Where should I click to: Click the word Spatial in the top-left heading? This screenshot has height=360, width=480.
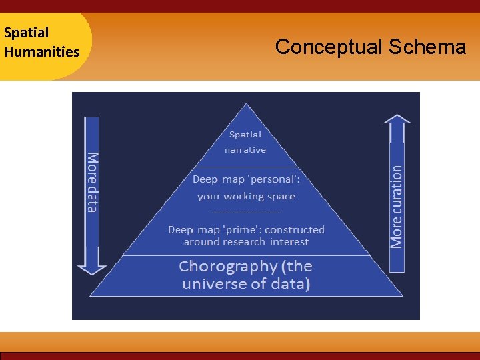coord(27,33)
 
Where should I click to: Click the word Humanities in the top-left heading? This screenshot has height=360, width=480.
coord(41,51)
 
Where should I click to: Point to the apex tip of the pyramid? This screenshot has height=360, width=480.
coord(247,104)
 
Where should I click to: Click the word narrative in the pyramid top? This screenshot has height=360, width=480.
coord(245,150)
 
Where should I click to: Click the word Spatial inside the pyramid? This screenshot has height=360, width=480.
coord(245,134)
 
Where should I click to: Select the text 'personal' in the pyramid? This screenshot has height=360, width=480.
coord(275,179)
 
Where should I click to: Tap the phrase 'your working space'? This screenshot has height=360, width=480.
coord(246,196)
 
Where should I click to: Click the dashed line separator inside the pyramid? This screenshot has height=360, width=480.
coord(245,213)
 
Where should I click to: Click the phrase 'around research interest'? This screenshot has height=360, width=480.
coord(246,242)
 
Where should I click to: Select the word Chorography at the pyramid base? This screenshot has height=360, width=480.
coord(227,266)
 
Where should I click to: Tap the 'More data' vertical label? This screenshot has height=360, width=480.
coord(92,182)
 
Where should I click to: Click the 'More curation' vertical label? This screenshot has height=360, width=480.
coord(397,207)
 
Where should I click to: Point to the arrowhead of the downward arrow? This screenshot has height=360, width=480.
coord(92,268)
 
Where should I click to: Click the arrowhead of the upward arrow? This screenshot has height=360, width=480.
coord(397,121)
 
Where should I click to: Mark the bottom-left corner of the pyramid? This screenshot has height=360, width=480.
coord(91,295)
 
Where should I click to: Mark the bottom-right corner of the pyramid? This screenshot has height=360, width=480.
coord(403,295)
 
